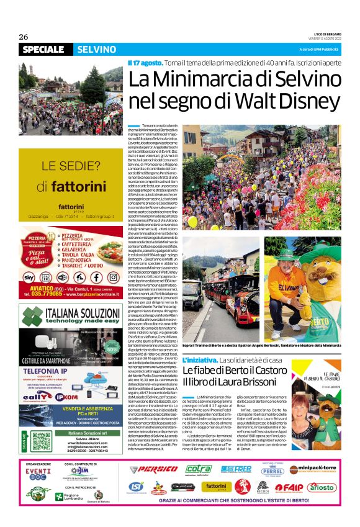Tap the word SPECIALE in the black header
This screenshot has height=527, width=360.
click(45, 50)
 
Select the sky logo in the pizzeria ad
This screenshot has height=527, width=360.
click(29, 277)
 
